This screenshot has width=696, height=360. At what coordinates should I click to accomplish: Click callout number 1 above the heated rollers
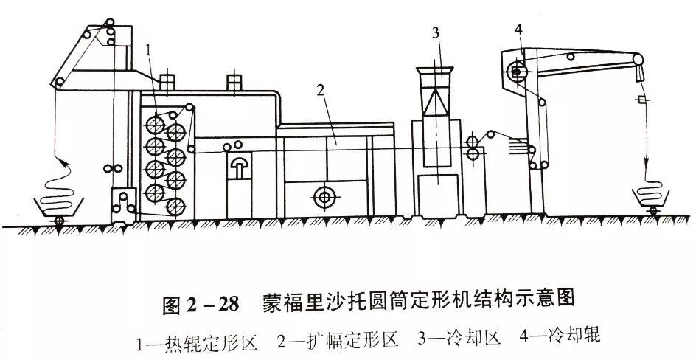[149, 50]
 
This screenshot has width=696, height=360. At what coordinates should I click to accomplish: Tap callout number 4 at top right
[519, 30]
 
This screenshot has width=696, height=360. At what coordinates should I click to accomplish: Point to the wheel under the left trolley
[58, 221]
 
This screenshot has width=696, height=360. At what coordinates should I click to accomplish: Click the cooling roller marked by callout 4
[517, 72]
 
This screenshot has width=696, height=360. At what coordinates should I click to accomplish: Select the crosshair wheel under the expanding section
[322, 196]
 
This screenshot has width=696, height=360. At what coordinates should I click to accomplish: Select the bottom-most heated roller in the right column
[175, 207]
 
